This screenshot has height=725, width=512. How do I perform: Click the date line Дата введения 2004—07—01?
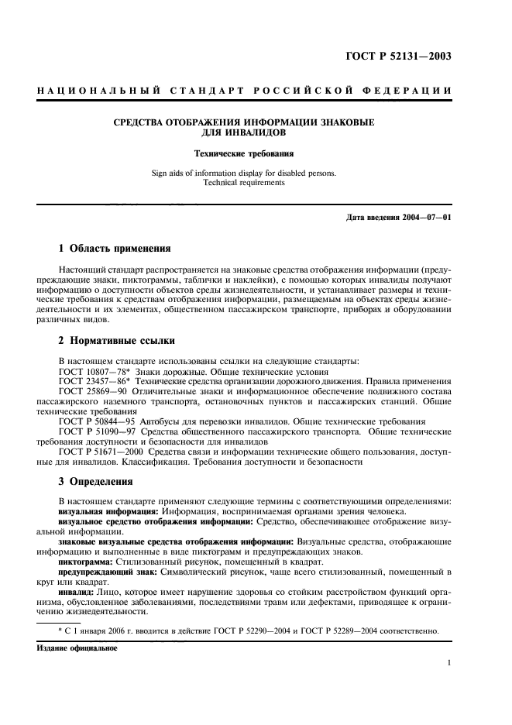[397, 217]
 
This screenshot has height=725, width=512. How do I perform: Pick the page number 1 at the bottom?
[448, 663]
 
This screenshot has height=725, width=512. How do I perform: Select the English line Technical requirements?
[244, 183]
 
